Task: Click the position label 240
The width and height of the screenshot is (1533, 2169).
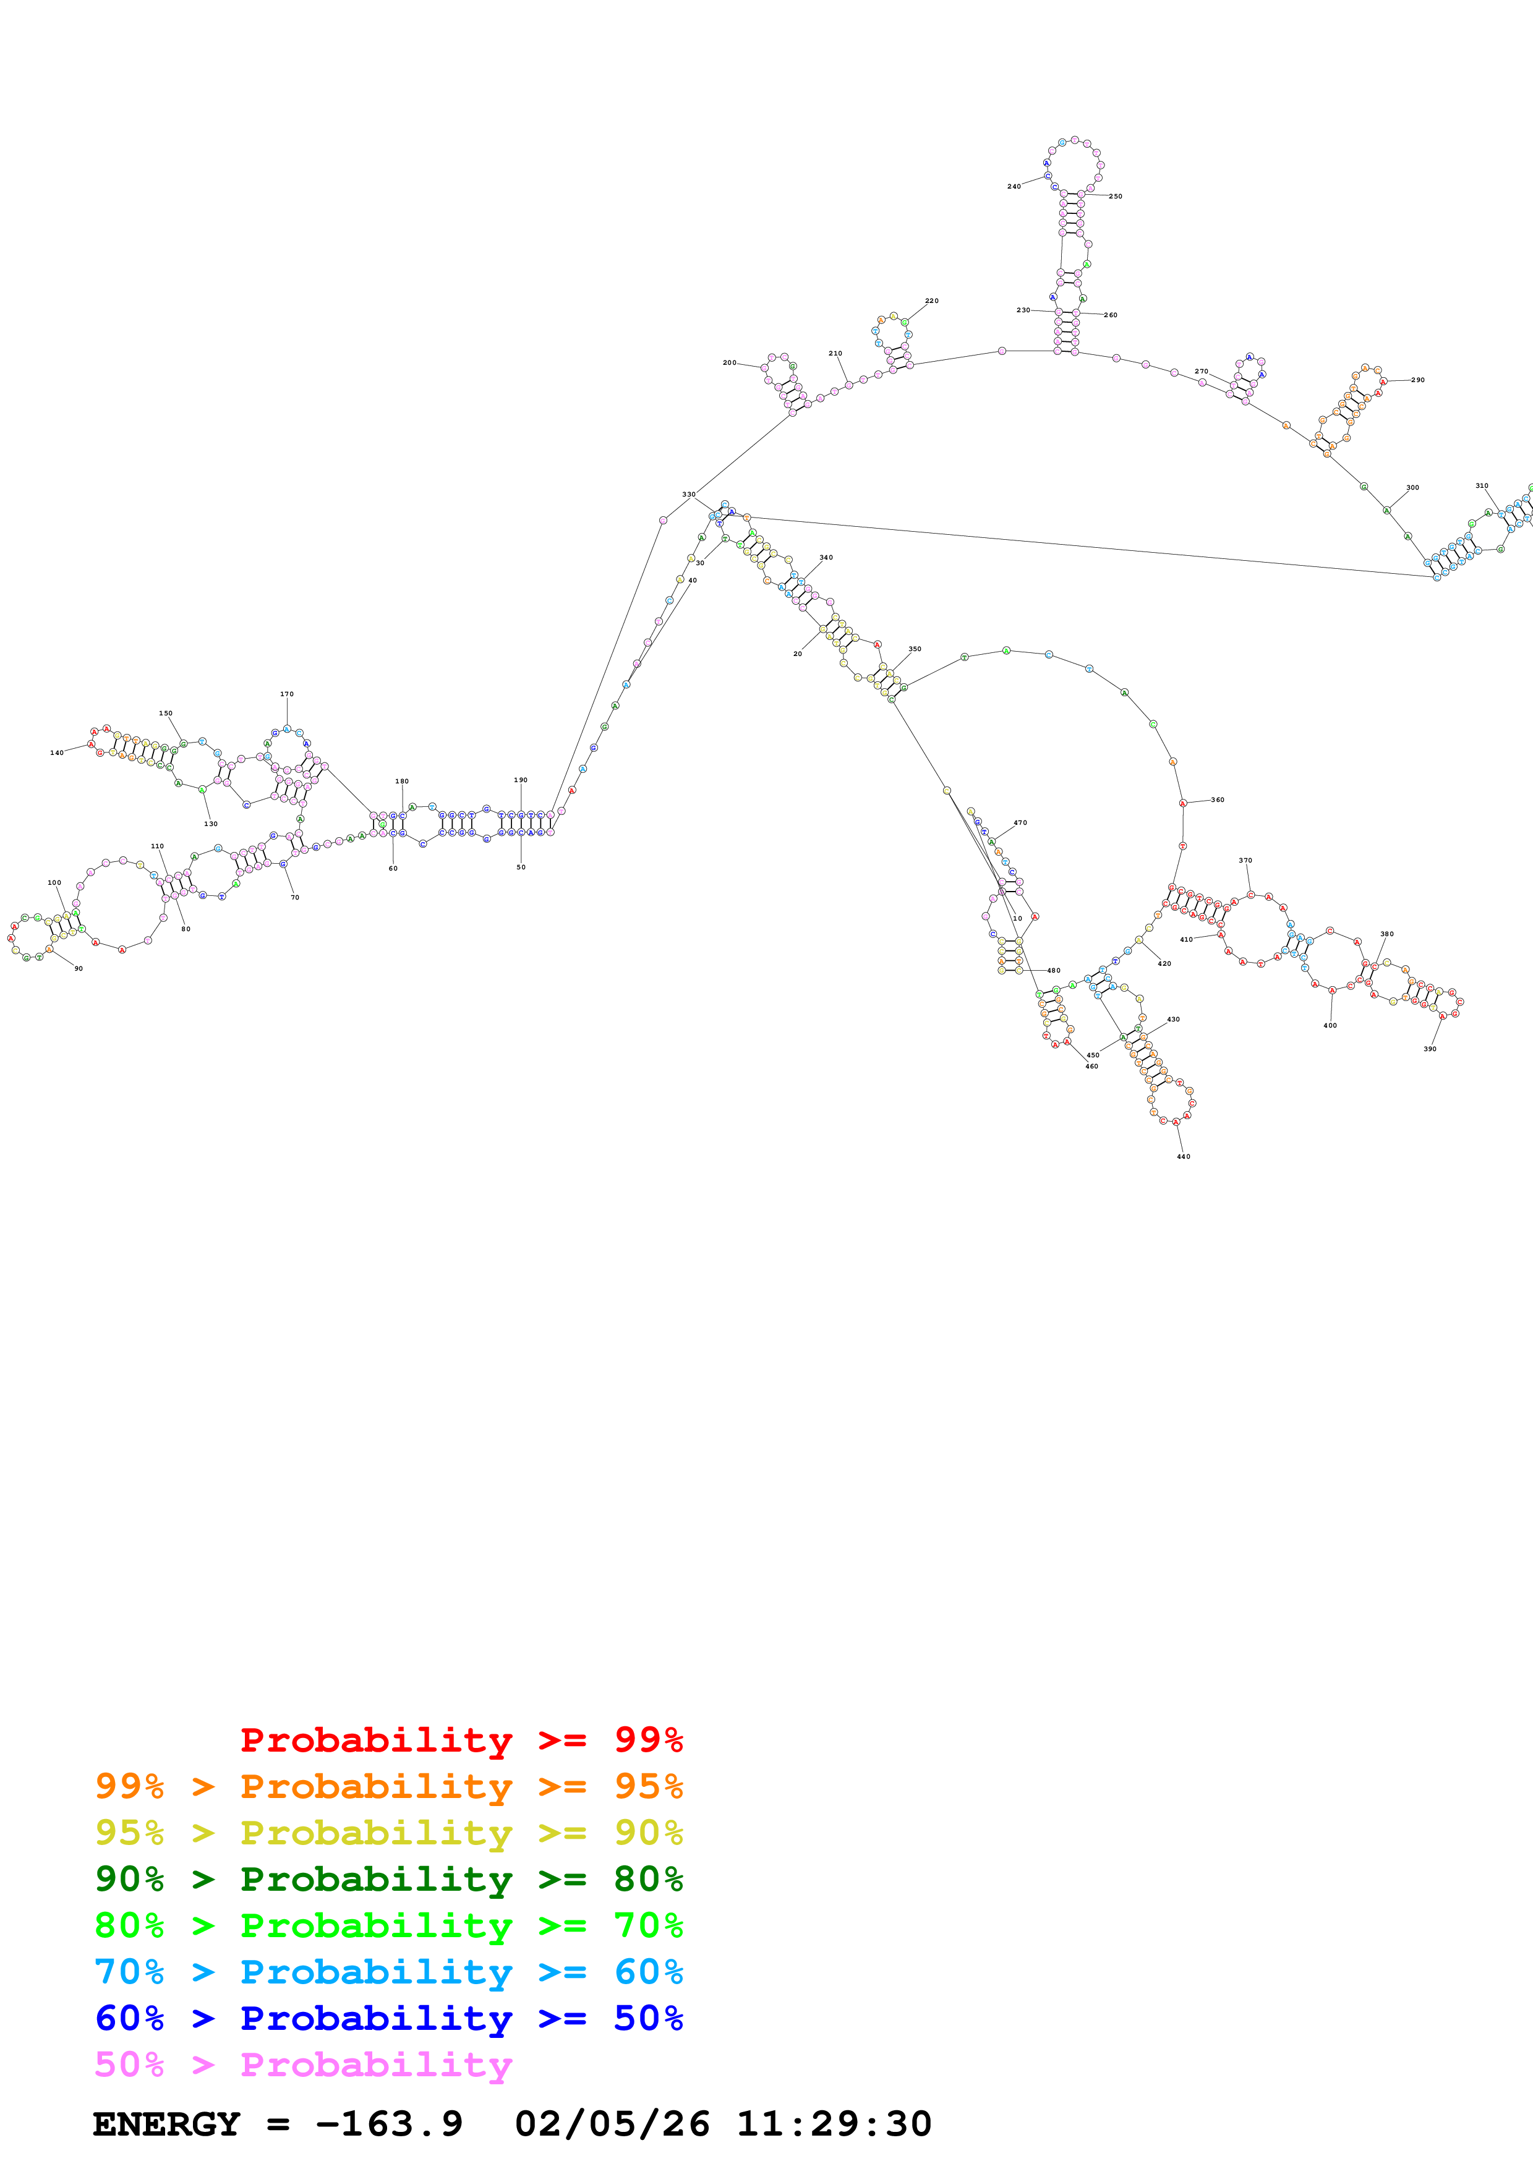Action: (x=1014, y=186)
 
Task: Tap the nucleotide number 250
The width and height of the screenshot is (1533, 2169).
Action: (x=1116, y=197)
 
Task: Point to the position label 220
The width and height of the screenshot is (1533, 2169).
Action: (x=931, y=300)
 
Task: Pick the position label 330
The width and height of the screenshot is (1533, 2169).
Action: (x=688, y=494)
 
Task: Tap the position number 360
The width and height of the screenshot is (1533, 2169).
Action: (x=1218, y=800)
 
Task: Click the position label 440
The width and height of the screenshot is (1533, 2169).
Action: (x=1184, y=1156)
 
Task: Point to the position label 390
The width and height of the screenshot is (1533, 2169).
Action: (x=1430, y=1049)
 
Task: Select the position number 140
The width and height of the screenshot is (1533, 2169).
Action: (x=57, y=753)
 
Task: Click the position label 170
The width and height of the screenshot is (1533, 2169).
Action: (x=286, y=694)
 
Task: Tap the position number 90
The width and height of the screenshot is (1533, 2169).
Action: (x=79, y=968)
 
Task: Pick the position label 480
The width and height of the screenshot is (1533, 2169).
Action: (x=1053, y=970)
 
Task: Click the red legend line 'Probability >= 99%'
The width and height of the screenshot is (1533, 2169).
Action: (x=461, y=1740)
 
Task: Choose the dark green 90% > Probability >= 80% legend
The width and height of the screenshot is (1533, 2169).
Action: (x=388, y=1879)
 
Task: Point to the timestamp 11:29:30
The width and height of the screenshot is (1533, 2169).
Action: (x=834, y=2124)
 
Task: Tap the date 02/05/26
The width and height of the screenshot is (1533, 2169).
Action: (x=612, y=2124)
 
